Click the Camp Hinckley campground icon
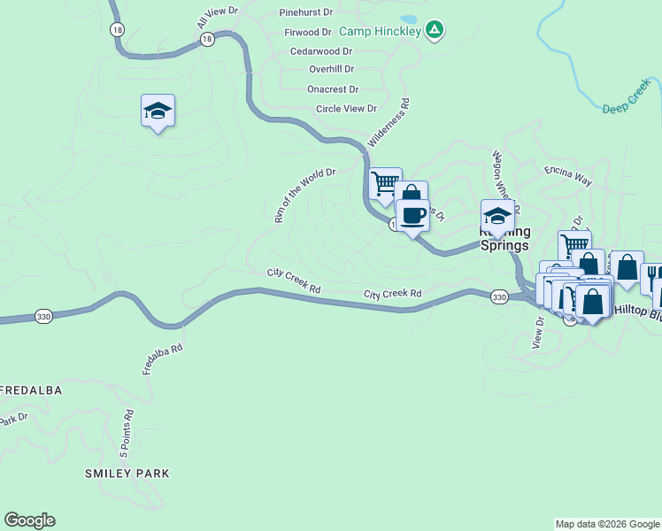pyautogui.click(x=434, y=31)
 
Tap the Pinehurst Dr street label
pyautogui.click(x=305, y=13)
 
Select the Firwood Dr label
pyautogui.click(x=307, y=32)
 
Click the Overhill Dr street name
pyautogui.click(x=331, y=69)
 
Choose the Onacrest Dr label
pyautogui.click(x=332, y=89)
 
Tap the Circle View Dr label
pyautogui.click(x=346, y=109)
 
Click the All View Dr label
pyautogui.click(x=219, y=18)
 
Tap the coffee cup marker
pyautogui.click(x=412, y=215)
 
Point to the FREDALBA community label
pyautogui.click(x=30, y=389)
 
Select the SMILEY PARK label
pyautogui.click(x=127, y=473)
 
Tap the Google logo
pyautogui.click(x=29, y=520)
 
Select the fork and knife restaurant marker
pyautogui.click(x=653, y=277)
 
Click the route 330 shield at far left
pyautogui.click(x=42, y=315)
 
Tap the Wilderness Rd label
pyautogui.click(x=389, y=128)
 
